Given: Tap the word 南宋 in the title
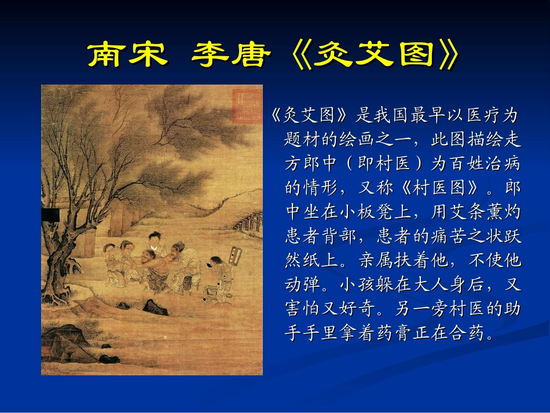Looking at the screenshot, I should pos(127,56).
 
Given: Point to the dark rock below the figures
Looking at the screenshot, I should pos(154,306).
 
